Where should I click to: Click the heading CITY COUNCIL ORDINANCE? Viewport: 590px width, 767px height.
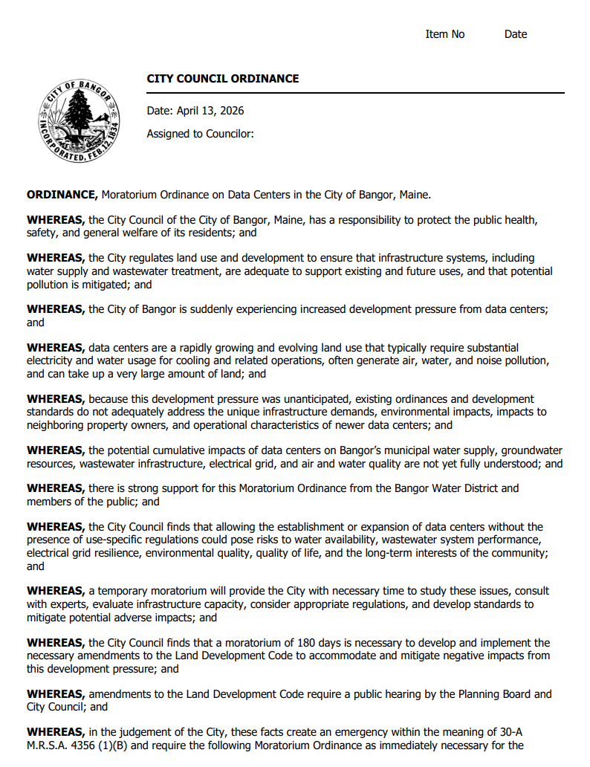tap(223, 79)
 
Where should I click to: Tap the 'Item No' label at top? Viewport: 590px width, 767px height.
tap(445, 34)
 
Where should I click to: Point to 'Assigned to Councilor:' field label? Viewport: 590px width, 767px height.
tap(201, 134)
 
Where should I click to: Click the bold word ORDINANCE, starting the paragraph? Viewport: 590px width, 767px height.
tap(62, 195)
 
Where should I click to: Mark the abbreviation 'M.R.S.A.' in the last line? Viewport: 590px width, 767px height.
tap(49, 745)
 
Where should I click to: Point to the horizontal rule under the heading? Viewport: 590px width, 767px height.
tap(355, 93)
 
